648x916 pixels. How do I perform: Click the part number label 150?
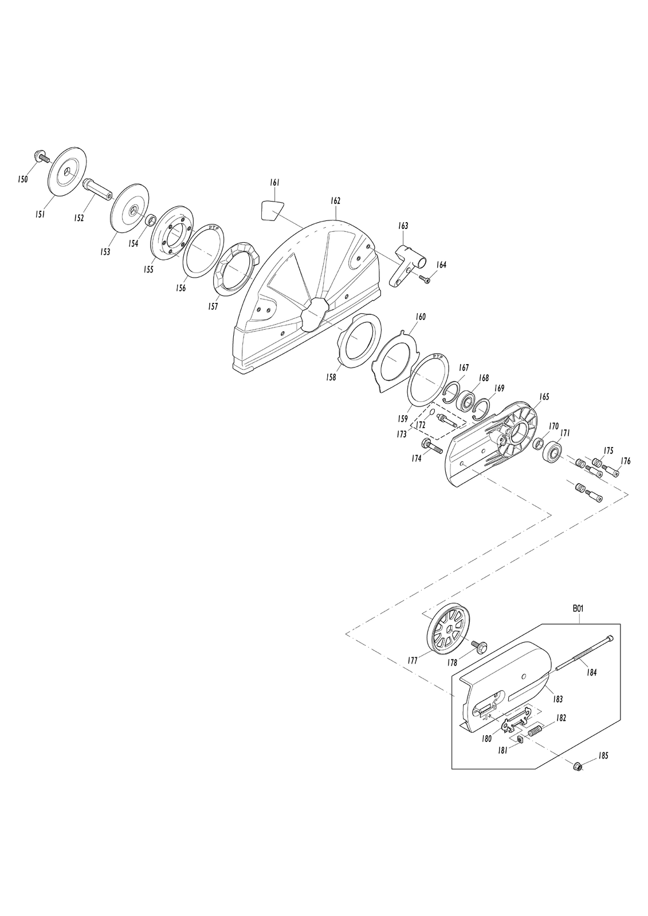click(x=23, y=178)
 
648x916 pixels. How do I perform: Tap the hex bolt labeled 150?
click(x=40, y=157)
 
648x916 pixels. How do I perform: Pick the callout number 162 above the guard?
click(x=335, y=201)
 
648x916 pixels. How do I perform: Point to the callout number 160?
click(x=421, y=317)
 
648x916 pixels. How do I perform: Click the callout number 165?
click(x=544, y=397)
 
